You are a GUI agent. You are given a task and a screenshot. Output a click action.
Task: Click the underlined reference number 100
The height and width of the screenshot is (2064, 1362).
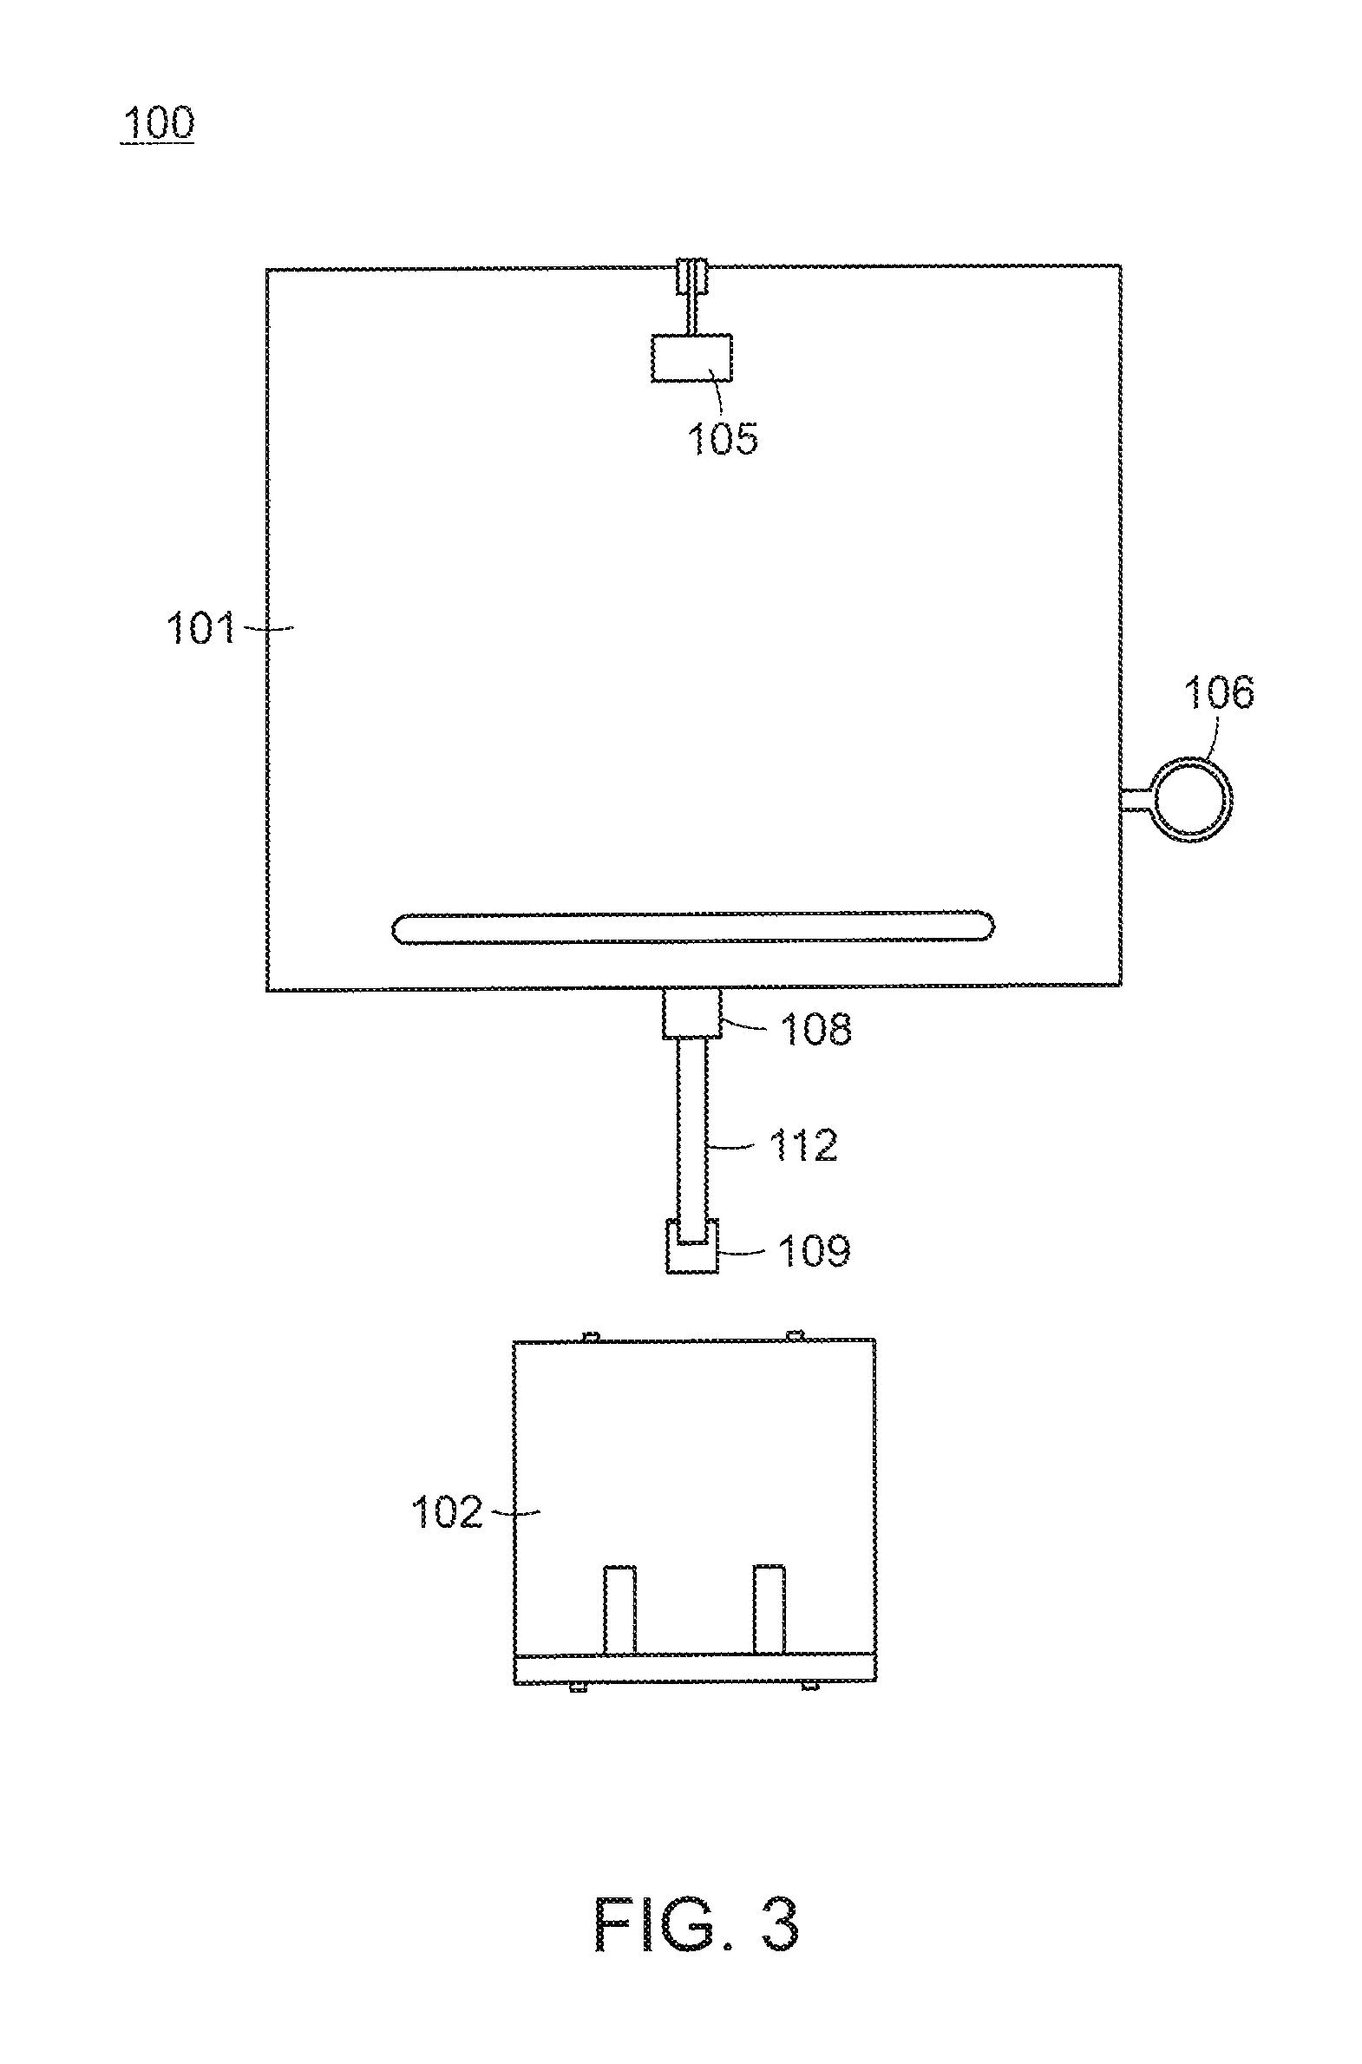pyautogui.click(x=158, y=122)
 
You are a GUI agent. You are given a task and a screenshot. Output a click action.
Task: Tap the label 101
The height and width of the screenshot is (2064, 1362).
pyautogui.click(x=200, y=627)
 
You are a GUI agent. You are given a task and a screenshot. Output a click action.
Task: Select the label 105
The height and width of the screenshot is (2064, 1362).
pyautogui.click(x=723, y=438)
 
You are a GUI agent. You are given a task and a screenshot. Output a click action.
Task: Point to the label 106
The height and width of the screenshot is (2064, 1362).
pyautogui.click(x=1219, y=692)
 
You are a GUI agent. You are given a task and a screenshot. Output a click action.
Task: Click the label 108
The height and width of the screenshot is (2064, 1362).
pyautogui.click(x=815, y=1029)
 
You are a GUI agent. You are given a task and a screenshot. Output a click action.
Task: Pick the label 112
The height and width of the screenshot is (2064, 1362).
pyautogui.click(x=803, y=1145)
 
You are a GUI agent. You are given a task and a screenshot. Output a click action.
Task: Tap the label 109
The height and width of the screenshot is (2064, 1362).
pyautogui.click(x=814, y=1251)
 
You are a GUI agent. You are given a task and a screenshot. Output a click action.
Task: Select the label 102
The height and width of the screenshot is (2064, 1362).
pyautogui.click(x=446, y=1512)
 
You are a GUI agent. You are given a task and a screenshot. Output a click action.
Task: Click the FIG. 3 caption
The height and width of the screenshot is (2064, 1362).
pyautogui.click(x=696, y=1924)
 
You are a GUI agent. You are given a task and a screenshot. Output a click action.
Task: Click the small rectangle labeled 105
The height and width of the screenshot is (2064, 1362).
pyautogui.click(x=691, y=358)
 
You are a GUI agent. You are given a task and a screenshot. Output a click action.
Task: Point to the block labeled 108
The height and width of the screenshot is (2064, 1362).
pyautogui.click(x=691, y=1013)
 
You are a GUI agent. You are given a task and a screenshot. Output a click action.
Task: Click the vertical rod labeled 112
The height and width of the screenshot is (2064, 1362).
pyautogui.click(x=692, y=1130)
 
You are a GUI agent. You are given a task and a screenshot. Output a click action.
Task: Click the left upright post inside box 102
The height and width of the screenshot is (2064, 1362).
pyautogui.click(x=619, y=1609)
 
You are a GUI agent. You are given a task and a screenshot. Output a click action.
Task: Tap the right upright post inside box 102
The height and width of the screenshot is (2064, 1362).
pyautogui.click(x=769, y=1609)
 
